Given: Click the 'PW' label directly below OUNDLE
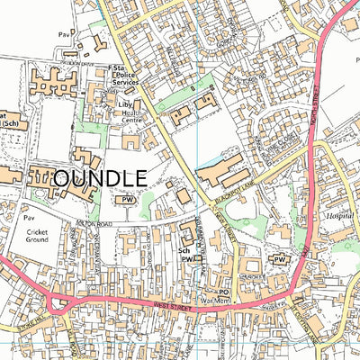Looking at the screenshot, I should pyautogui.click(x=128, y=200).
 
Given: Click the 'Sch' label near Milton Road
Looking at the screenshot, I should pyautogui.click(x=184, y=251).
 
